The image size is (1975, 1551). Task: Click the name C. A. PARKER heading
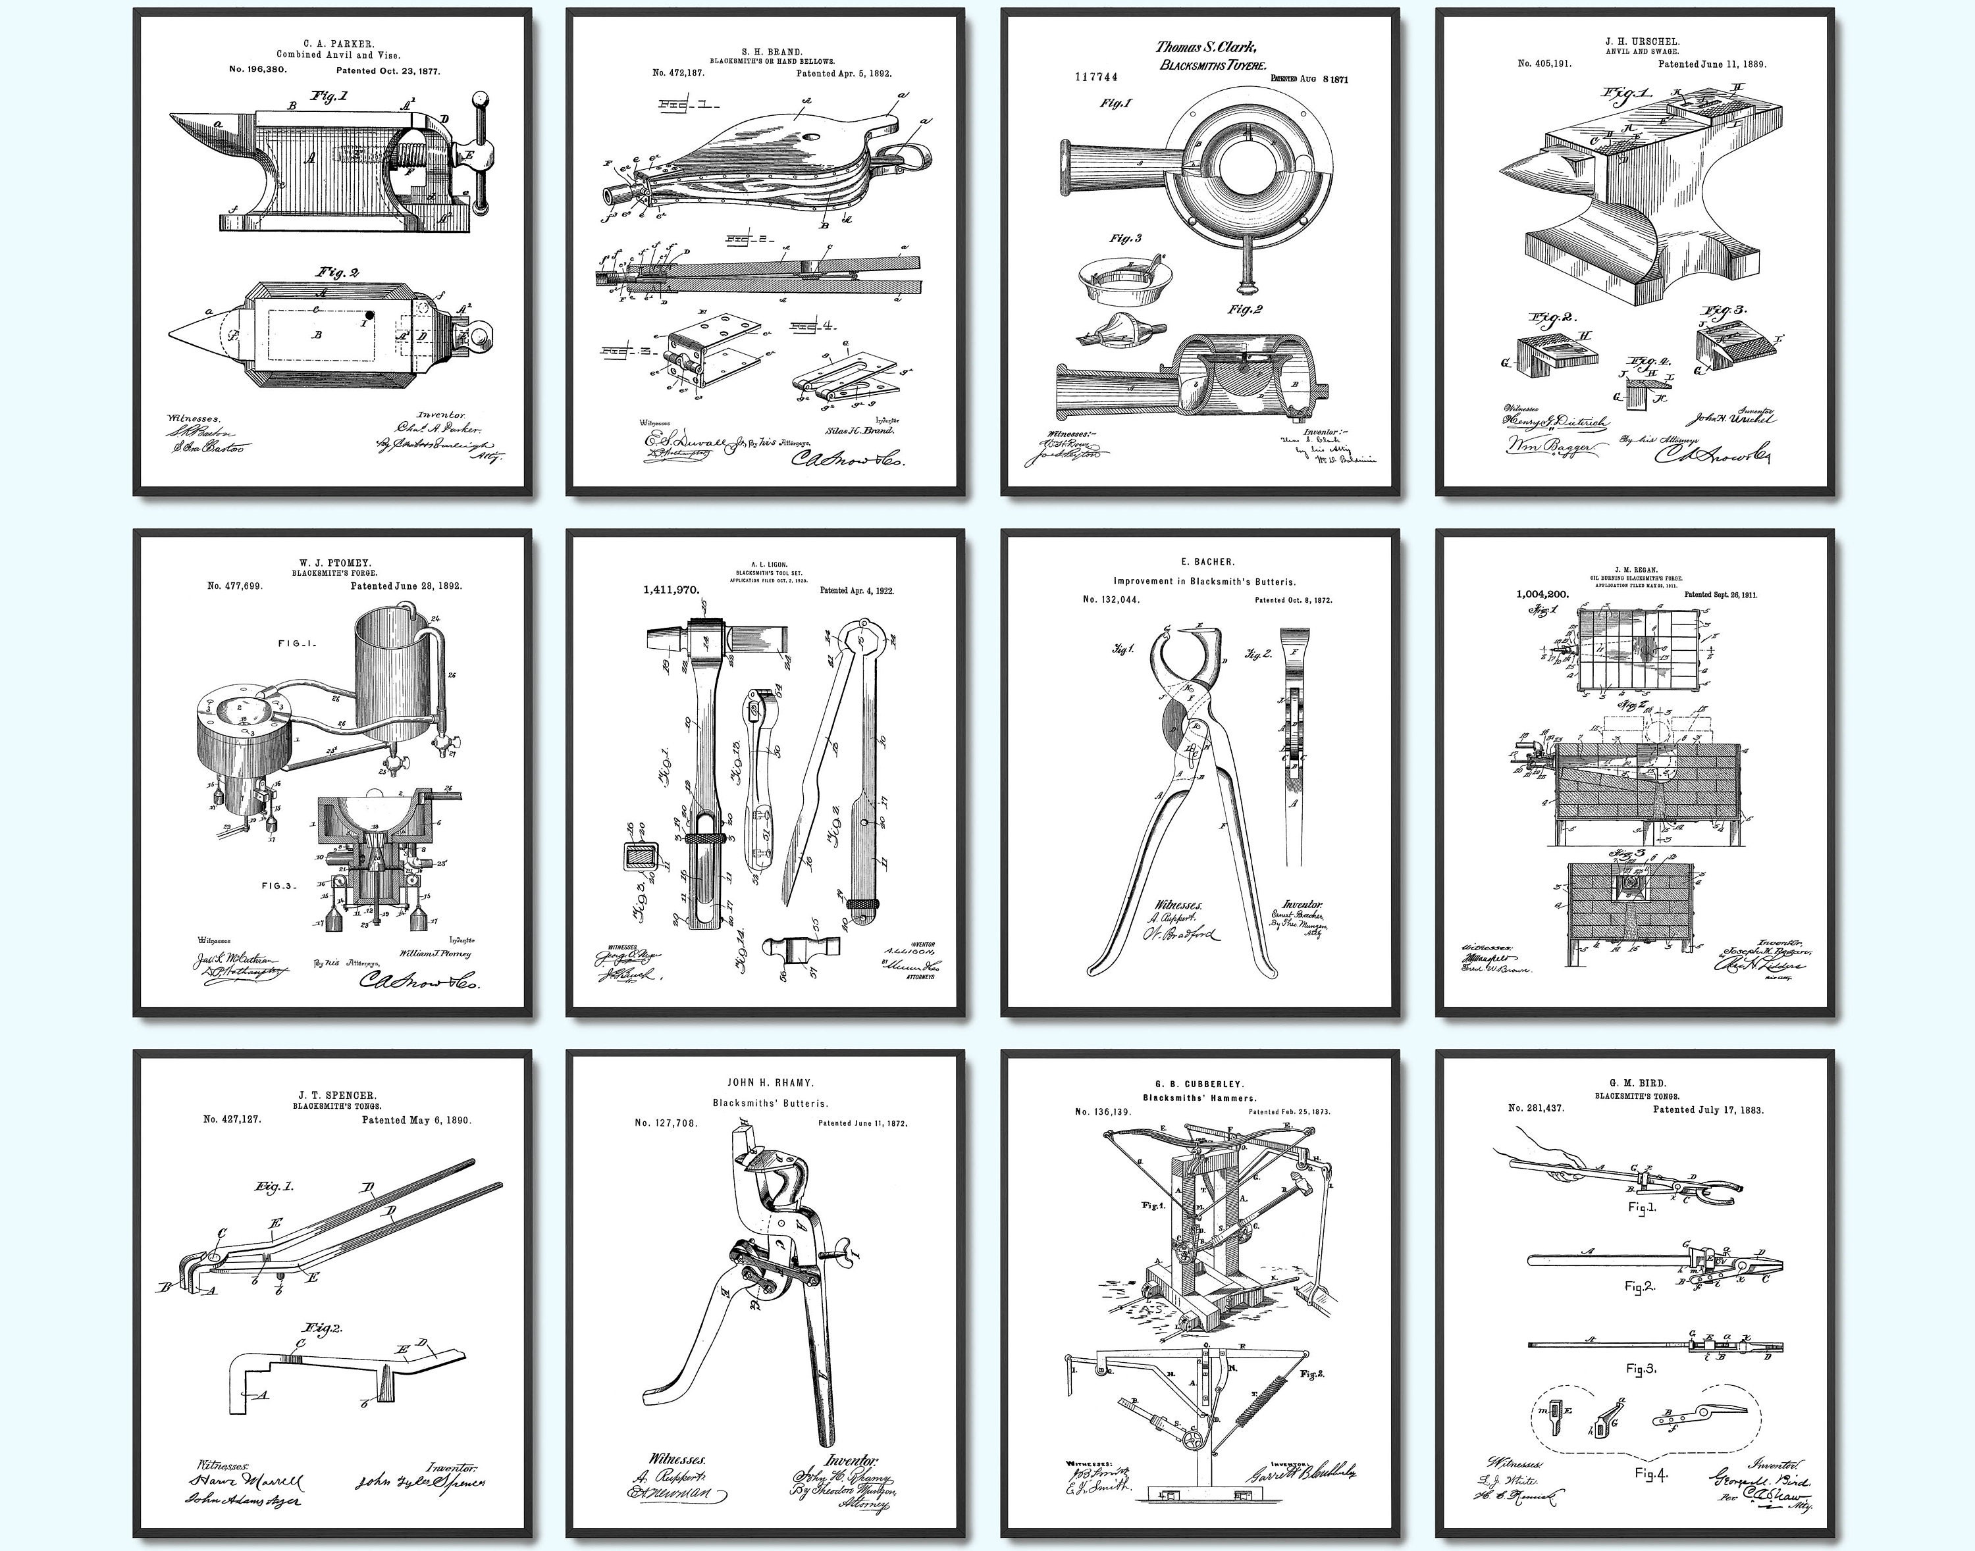point(332,43)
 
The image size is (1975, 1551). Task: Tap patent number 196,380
point(263,70)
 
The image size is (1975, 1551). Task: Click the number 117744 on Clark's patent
point(1097,77)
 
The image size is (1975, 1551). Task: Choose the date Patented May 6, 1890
point(416,1121)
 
